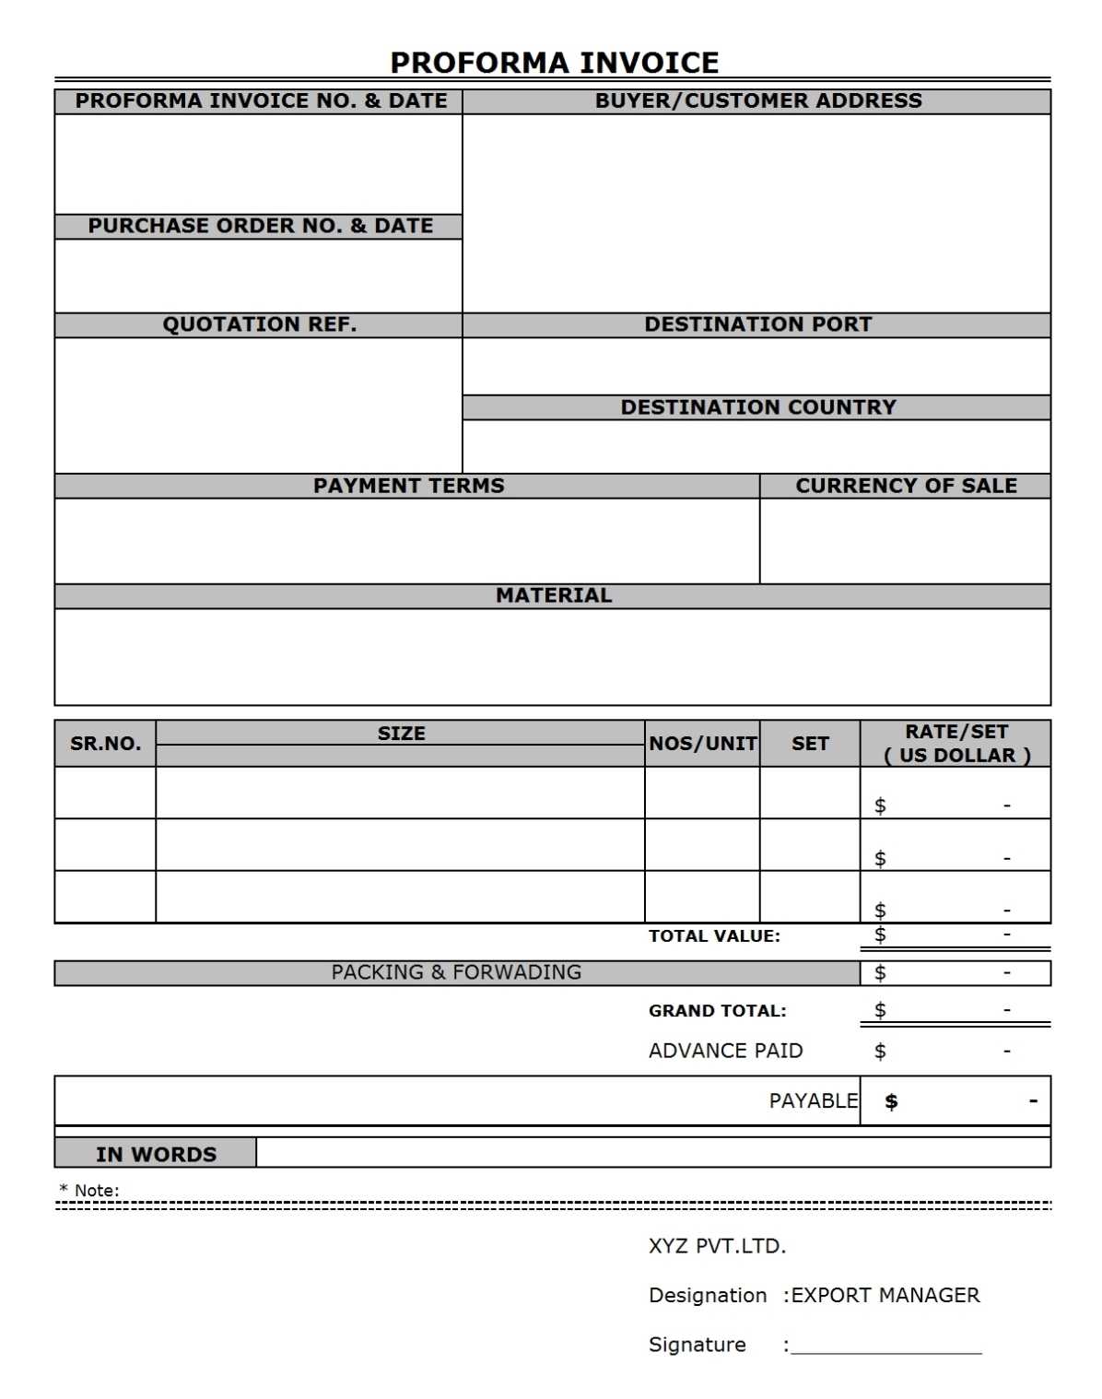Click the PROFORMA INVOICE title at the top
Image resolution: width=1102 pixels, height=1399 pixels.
554,63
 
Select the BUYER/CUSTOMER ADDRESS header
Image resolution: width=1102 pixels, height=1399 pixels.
757,100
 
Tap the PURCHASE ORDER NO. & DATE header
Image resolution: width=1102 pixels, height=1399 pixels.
260,226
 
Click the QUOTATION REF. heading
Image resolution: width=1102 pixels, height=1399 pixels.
259,324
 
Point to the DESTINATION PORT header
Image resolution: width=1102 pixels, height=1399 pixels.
757,324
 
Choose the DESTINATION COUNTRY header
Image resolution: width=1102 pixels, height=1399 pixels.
757,407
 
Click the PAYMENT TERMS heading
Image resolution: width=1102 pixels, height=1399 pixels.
408,486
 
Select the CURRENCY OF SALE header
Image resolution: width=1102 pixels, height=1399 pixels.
906,486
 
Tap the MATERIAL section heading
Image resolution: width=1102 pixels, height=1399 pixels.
553,595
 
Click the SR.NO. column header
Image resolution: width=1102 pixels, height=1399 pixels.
105,744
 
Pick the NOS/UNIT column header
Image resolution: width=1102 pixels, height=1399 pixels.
702,744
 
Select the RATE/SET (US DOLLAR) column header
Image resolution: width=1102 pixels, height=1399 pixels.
956,744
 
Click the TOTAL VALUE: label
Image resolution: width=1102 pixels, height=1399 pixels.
714,936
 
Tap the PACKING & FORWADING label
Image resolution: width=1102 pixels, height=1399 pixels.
456,972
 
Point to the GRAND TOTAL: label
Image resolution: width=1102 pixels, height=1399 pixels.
717,1011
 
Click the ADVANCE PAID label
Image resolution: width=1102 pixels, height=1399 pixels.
725,1051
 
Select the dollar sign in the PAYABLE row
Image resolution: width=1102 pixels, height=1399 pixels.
891,1101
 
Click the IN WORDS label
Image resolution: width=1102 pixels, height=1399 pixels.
156,1154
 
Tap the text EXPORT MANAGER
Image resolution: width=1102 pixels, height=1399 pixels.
885,1295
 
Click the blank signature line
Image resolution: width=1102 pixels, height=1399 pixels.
886,1350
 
